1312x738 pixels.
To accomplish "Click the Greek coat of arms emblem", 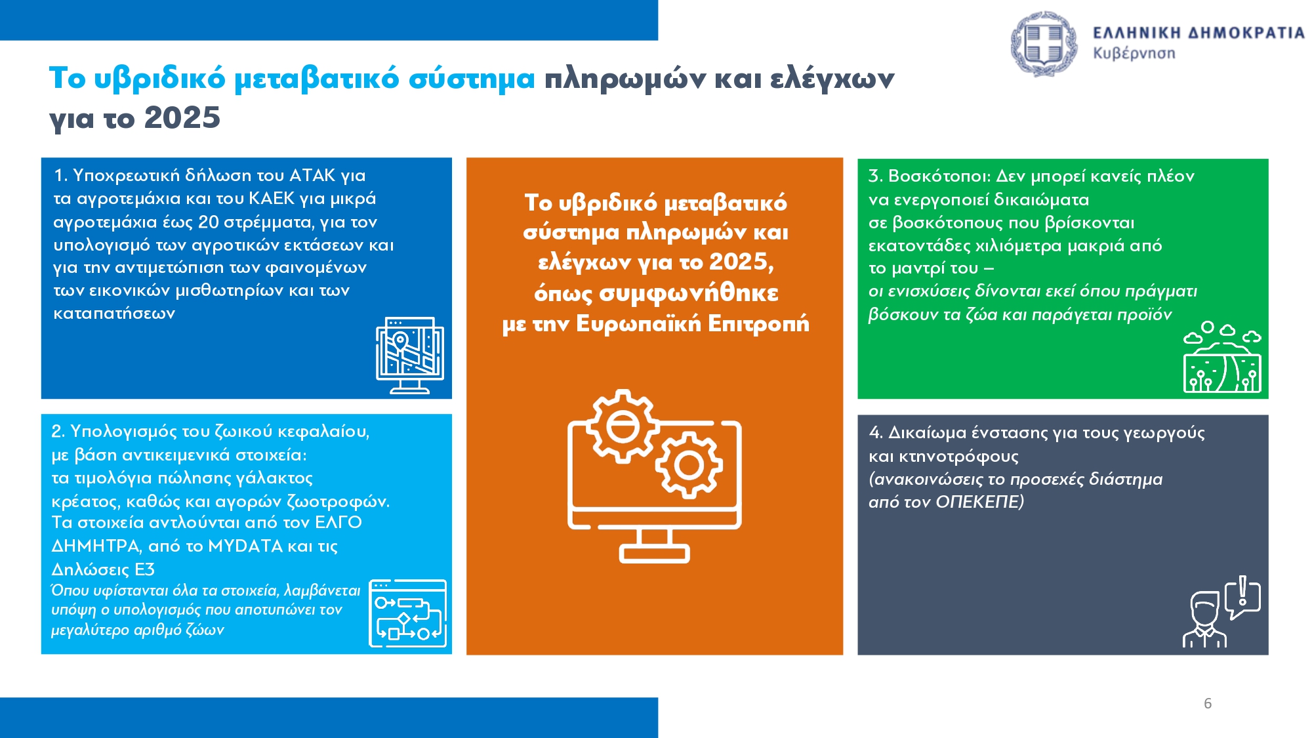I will (x=1044, y=43).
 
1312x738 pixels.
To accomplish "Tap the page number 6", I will (x=1208, y=703).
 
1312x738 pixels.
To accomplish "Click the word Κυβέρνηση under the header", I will (x=1134, y=53).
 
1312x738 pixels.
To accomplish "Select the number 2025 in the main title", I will (x=182, y=118).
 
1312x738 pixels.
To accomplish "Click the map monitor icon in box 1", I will (x=409, y=355).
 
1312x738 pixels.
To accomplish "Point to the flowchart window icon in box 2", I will (x=407, y=613).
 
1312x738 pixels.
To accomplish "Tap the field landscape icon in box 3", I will (x=1222, y=358).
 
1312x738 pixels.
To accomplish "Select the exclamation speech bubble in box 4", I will (x=1242, y=596).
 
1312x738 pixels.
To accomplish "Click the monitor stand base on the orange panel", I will (x=654, y=553).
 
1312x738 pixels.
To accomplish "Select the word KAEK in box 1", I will (x=272, y=198).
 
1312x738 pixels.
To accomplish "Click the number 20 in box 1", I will (x=208, y=222).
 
